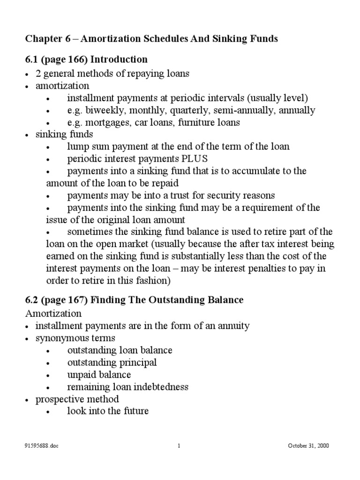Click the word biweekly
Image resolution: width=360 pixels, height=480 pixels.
pyautogui.click(x=102, y=111)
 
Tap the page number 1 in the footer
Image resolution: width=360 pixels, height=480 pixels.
pyautogui.click(x=180, y=446)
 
